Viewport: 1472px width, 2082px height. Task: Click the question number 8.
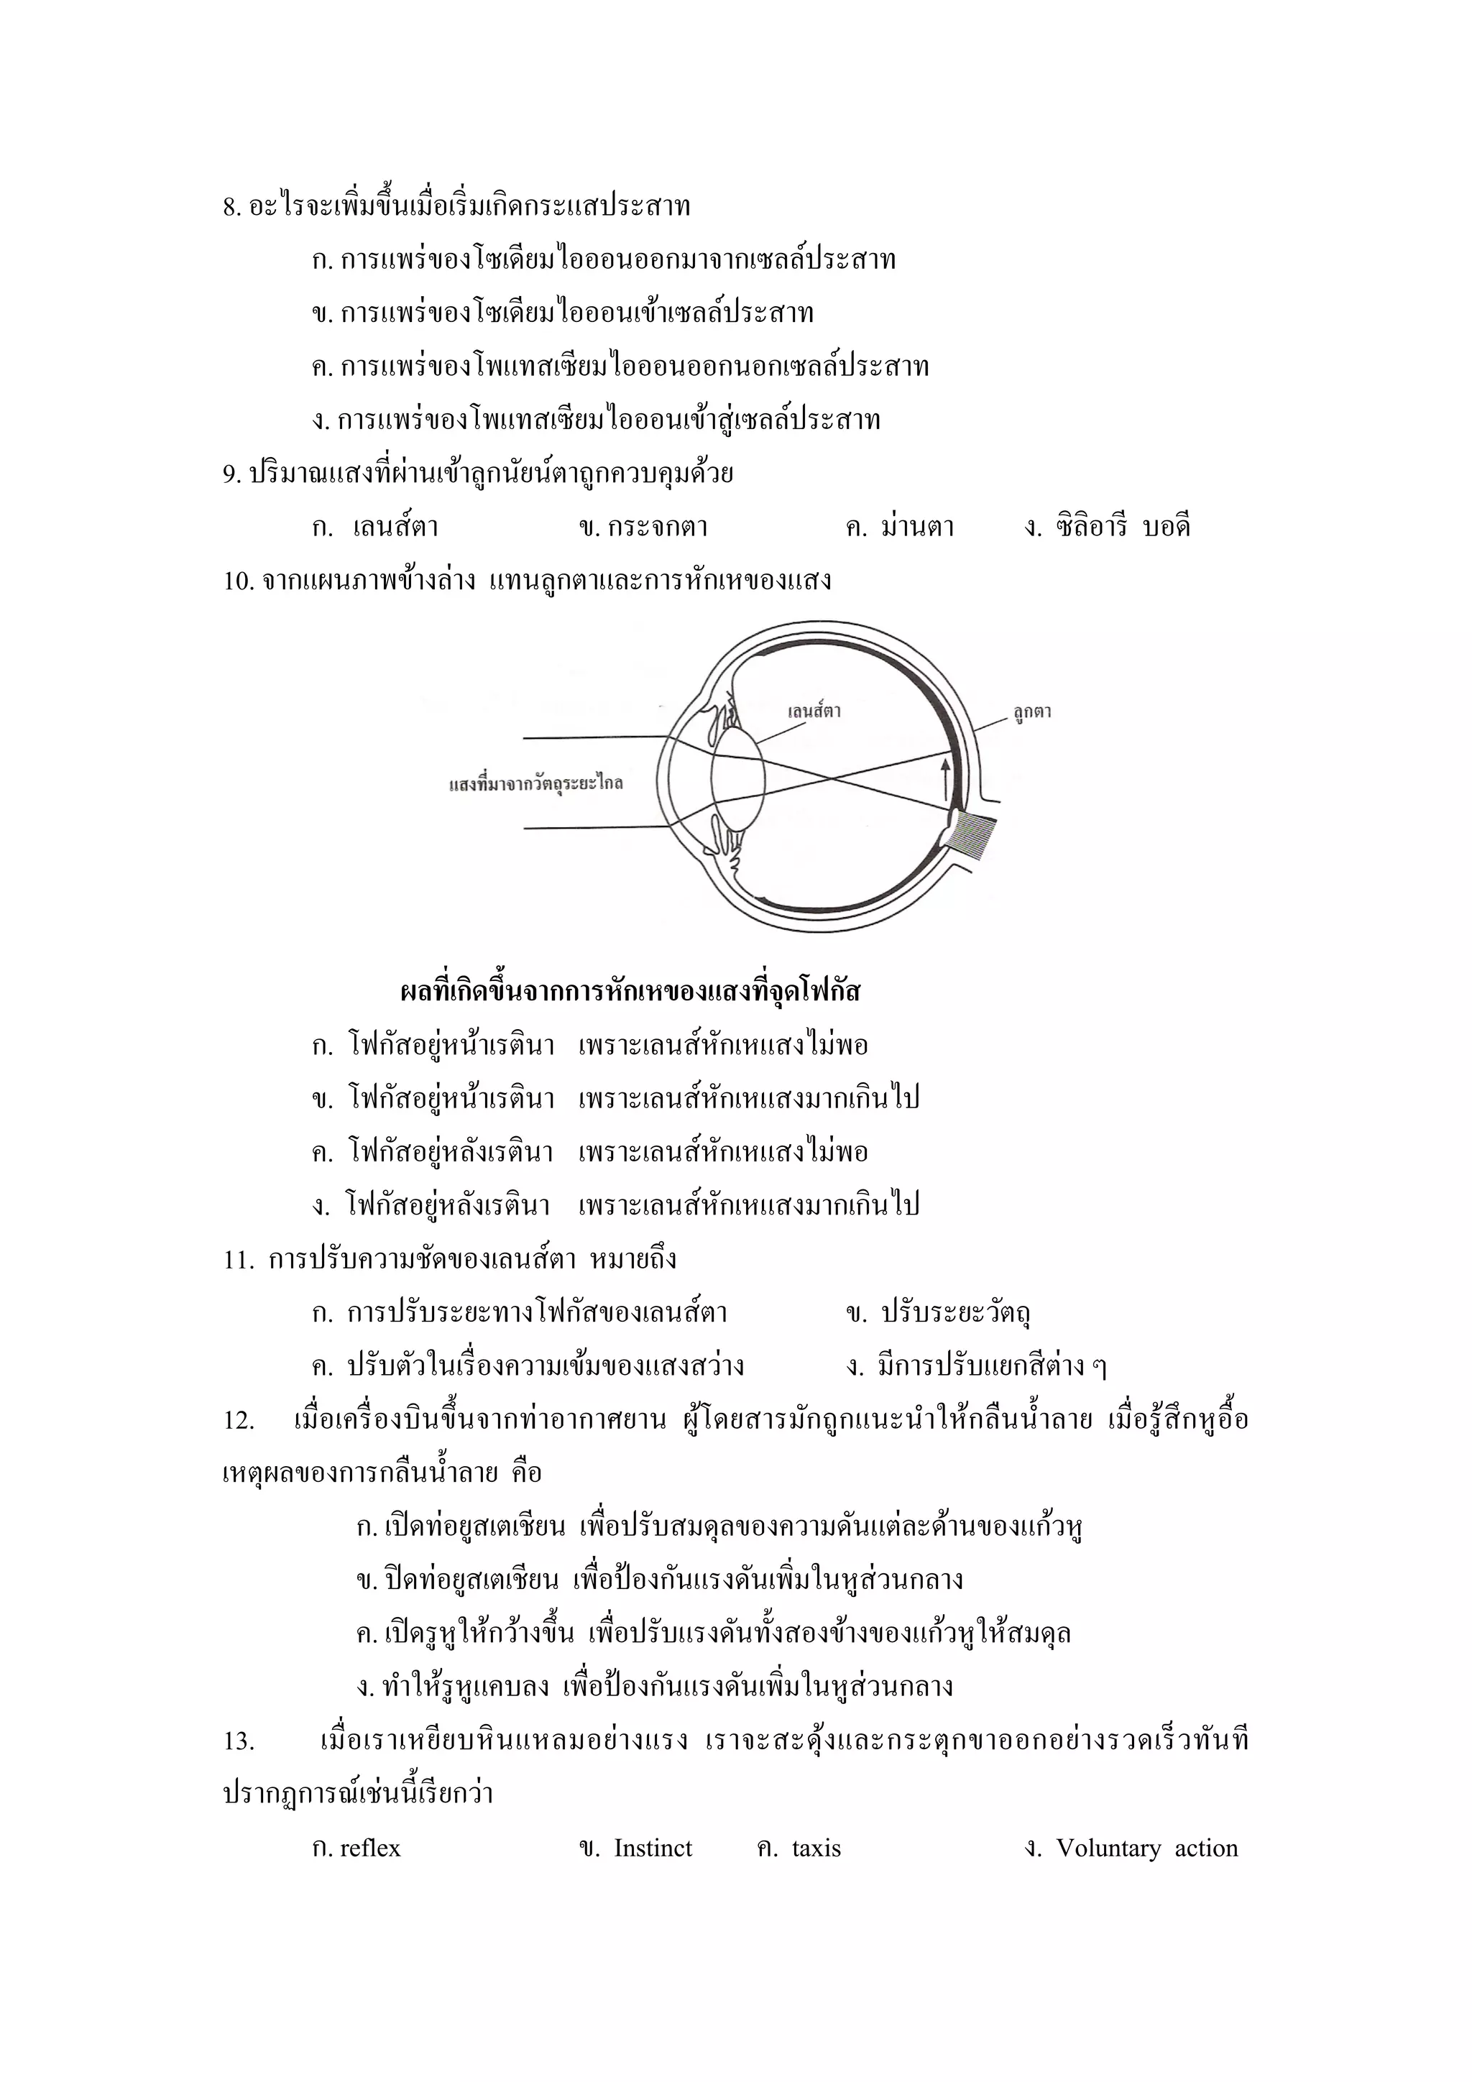coord(231,208)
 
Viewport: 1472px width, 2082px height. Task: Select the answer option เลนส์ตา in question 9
coord(395,527)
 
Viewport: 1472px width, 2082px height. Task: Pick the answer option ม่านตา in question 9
coord(917,527)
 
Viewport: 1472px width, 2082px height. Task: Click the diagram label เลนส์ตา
coord(814,711)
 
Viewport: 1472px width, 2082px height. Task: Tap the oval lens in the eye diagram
coord(737,778)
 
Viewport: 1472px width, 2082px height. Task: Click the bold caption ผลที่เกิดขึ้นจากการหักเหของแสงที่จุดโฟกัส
coord(630,991)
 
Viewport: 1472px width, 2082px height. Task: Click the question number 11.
coord(239,1261)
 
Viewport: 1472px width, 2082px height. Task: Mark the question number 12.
coord(239,1421)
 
